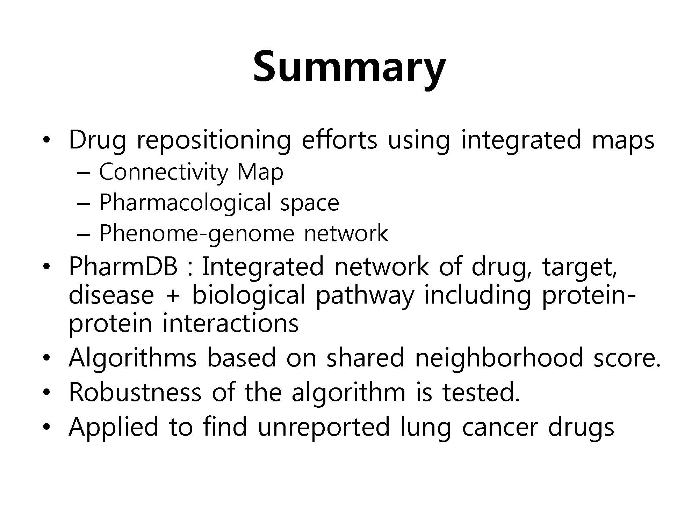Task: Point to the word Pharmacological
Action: click(185, 203)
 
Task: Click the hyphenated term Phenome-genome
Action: click(197, 234)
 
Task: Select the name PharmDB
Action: click(123, 266)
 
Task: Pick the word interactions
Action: click(231, 323)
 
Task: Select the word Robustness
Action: click(135, 392)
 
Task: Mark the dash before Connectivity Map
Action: click(83, 174)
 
